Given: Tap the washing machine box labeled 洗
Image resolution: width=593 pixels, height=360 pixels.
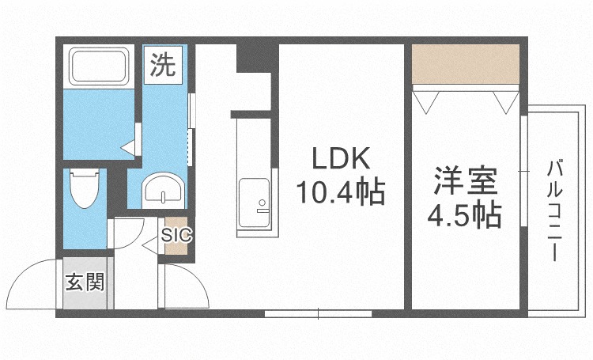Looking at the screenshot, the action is [x=163, y=64].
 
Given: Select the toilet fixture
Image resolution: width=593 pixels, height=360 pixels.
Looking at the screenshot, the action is [x=85, y=188].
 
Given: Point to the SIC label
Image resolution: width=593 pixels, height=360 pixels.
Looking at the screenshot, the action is [x=176, y=235].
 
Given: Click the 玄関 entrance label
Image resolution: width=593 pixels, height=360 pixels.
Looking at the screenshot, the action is [x=85, y=282].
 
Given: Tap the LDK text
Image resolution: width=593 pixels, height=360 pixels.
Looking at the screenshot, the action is [x=341, y=158].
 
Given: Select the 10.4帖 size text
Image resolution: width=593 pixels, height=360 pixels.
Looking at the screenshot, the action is [x=341, y=191].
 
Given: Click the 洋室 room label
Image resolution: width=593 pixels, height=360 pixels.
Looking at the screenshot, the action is [x=465, y=181].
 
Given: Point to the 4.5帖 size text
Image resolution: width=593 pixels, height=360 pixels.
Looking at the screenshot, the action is [x=465, y=215].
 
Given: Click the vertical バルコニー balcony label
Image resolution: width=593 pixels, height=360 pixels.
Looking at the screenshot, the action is [x=554, y=210].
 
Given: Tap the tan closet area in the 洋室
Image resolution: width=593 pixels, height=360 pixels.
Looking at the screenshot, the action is [x=465, y=64].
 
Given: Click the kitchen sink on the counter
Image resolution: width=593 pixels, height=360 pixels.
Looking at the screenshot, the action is [x=255, y=203].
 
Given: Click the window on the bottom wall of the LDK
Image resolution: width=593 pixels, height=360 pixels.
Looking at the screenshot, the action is [x=318, y=313].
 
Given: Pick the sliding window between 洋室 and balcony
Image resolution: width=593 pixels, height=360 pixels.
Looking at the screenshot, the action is [x=523, y=171].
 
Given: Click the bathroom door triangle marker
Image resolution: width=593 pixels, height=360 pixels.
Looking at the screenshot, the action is [x=129, y=148].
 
